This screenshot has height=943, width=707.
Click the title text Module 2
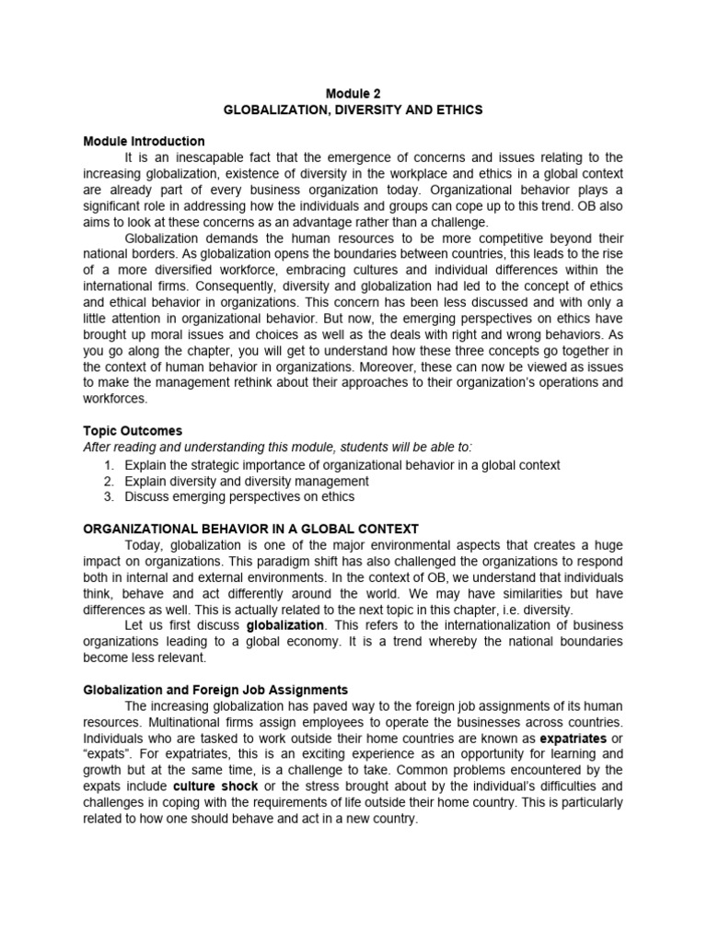click(353, 93)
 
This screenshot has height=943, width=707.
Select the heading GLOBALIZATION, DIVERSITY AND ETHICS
click(353, 110)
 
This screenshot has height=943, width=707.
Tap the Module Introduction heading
click(144, 142)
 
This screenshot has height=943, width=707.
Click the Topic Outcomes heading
click(133, 431)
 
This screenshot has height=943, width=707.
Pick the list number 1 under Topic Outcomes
click(108, 465)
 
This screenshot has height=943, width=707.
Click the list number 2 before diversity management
click(108, 481)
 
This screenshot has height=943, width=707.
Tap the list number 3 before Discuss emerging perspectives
click(108, 496)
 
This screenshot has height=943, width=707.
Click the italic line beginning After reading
click(276, 448)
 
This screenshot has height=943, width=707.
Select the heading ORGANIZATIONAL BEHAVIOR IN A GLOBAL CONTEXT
click(250, 529)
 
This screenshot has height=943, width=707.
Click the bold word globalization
click(285, 625)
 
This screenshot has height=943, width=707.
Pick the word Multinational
click(180, 722)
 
